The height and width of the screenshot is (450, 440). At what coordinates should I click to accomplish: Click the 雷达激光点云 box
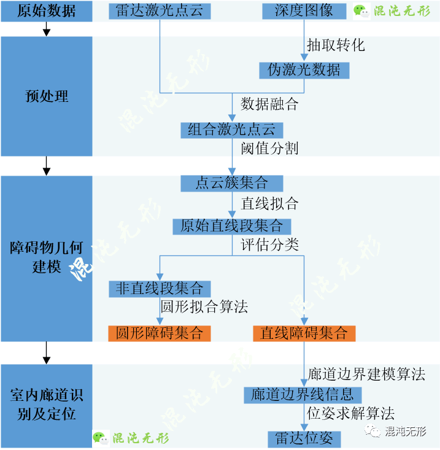[x=160, y=11]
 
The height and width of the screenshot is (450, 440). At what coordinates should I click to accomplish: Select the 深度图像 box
[x=304, y=11]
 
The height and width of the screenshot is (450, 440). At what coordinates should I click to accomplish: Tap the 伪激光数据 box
[x=304, y=71]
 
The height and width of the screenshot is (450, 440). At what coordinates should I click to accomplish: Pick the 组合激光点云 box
[x=232, y=130]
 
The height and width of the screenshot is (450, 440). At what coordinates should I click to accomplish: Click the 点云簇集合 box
[x=232, y=184]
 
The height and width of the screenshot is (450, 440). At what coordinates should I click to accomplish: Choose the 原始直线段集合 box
[x=232, y=227]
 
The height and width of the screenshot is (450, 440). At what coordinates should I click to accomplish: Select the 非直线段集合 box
[x=160, y=289]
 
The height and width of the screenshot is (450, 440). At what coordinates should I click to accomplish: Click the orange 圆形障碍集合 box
[x=160, y=333]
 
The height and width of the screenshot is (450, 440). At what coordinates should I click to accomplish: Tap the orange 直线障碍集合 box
[x=304, y=333]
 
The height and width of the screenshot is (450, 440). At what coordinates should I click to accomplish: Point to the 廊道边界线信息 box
[x=303, y=395]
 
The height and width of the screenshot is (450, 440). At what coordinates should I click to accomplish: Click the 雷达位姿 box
[x=304, y=439]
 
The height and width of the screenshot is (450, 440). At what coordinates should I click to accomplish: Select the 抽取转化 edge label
[x=336, y=45]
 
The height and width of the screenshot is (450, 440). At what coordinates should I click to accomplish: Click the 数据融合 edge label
[x=269, y=104]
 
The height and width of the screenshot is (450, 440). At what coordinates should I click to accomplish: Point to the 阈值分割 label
[x=269, y=149]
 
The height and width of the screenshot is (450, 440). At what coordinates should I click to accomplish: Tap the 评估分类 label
[x=269, y=245]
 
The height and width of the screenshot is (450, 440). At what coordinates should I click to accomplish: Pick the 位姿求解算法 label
[x=351, y=414]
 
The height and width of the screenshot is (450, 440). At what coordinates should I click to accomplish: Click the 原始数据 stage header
[x=47, y=11]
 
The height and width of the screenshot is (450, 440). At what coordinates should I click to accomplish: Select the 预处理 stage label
[x=47, y=96]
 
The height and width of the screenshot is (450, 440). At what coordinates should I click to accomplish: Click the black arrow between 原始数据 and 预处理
[x=47, y=29]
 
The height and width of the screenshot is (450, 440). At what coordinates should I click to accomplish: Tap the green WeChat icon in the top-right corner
[x=361, y=12]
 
